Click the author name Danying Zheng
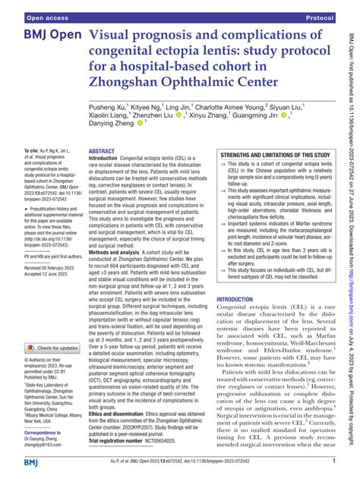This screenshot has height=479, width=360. click(109, 124)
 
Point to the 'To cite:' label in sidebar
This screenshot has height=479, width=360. click(34, 153)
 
